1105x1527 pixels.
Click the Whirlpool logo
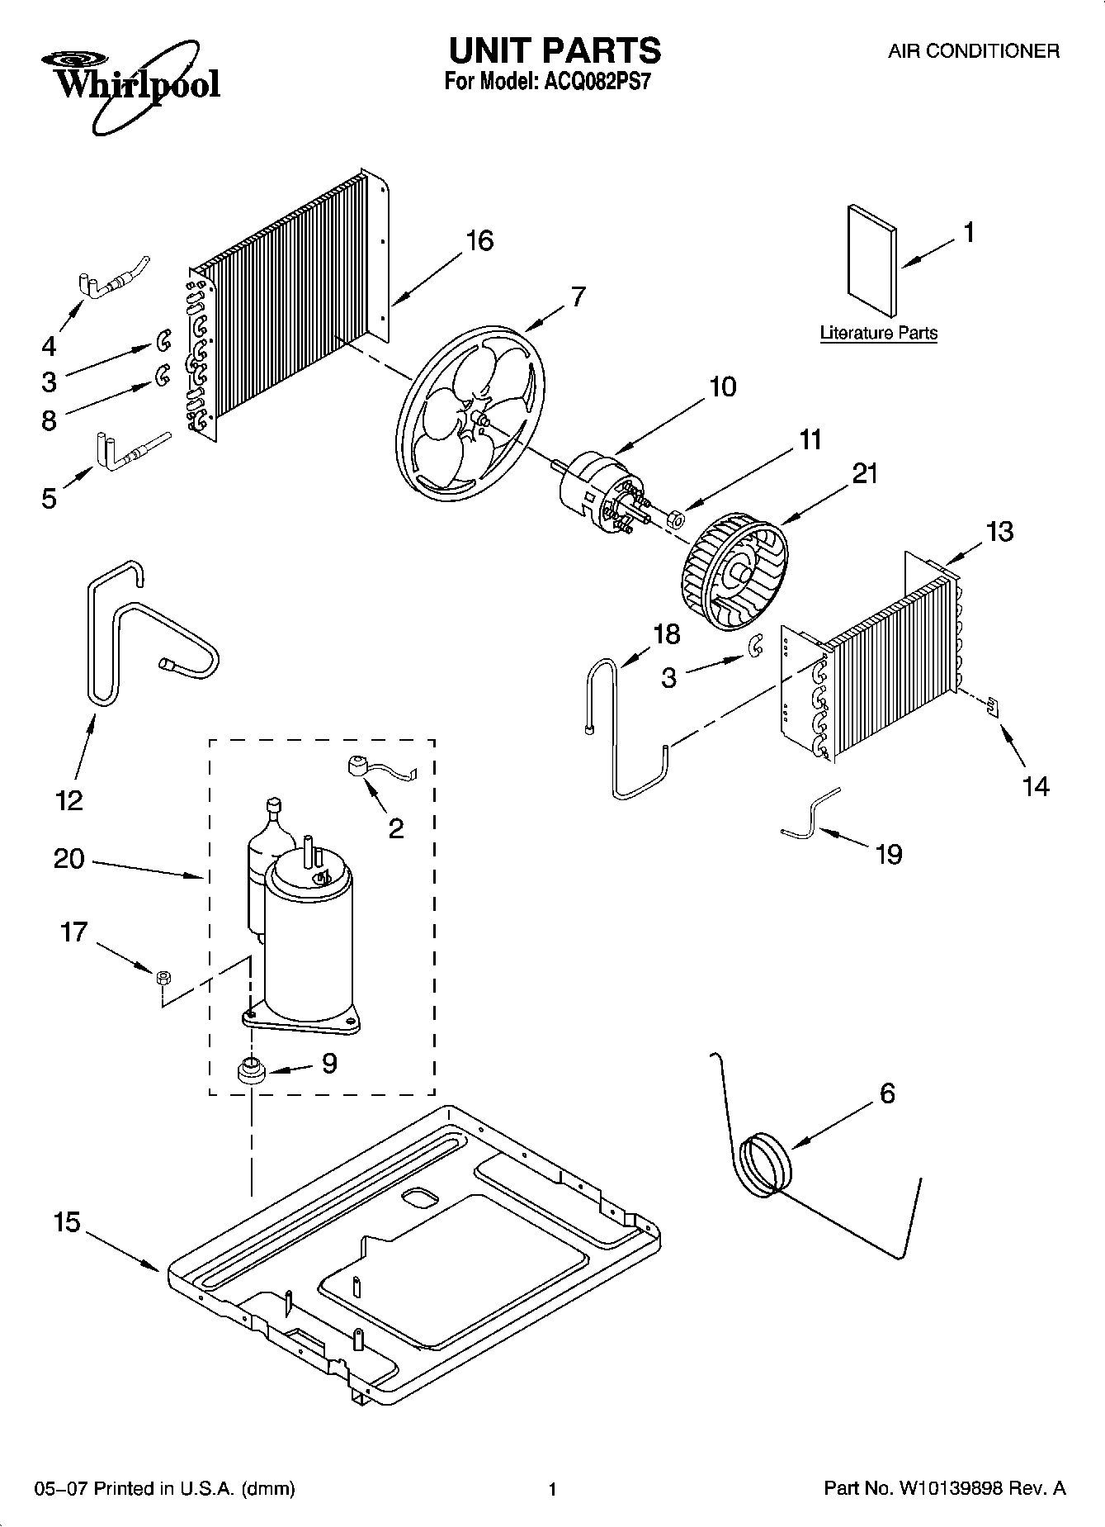click(132, 83)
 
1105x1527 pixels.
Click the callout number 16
click(479, 241)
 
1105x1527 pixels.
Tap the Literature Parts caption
click(878, 333)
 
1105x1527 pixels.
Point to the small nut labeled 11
click(674, 519)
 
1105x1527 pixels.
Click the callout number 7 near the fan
click(578, 296)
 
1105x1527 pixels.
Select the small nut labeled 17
click(163, 977)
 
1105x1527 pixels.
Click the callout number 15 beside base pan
click(68, 1221)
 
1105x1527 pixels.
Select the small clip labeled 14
click(993, 705)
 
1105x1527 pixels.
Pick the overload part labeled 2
click(358, 767)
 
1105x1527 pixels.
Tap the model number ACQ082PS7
click(590, 83)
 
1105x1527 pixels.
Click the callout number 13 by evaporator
click(999, 531)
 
